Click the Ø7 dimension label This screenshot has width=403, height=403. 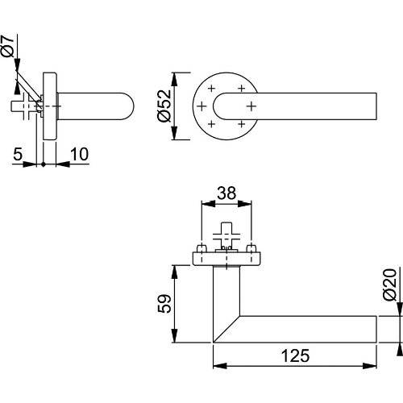(8, 48)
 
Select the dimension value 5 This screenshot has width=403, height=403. (18, 152)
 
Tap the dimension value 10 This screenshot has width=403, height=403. (78, 152)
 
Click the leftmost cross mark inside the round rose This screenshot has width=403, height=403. (200, 106)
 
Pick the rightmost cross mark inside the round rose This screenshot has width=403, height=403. (251, 106)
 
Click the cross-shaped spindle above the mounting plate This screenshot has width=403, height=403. (226, 239)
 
